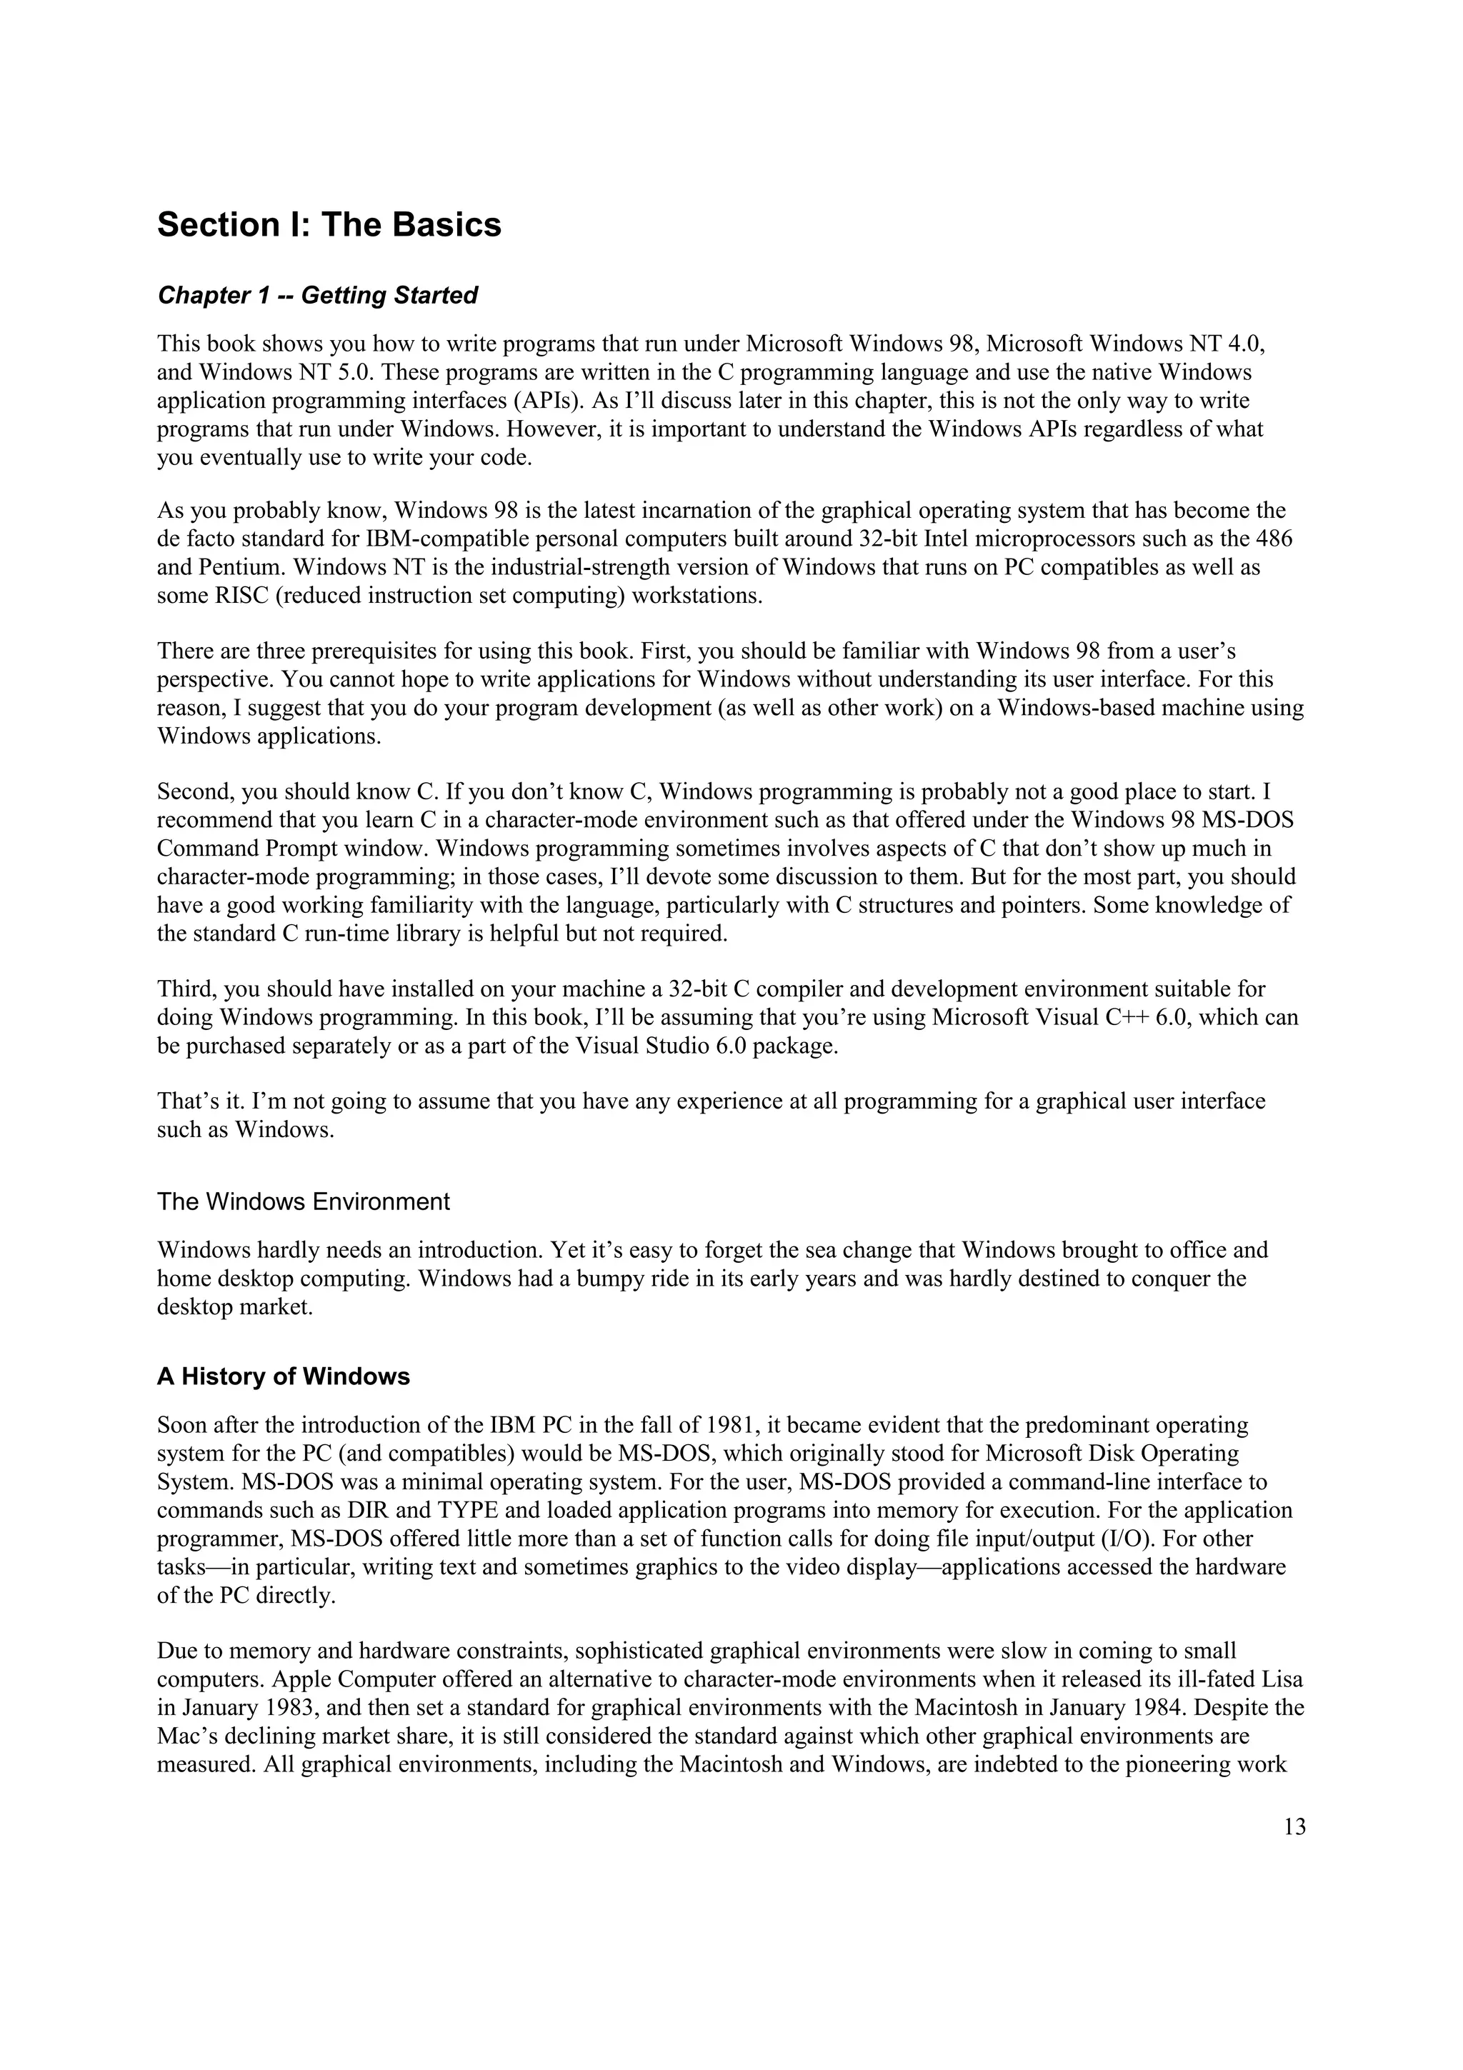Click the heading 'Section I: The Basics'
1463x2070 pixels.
pyautogui.click(x=329, y=224)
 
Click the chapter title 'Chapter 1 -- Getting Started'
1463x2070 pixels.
pyautogui.click(x=317, y=296)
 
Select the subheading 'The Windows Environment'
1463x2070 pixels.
pyautogui.click(x=303, y=1202)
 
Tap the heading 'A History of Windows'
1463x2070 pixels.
pyautogui.click(x=283, y=1376)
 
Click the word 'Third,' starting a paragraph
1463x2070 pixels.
pyautogui.click(x=186, y=989)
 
